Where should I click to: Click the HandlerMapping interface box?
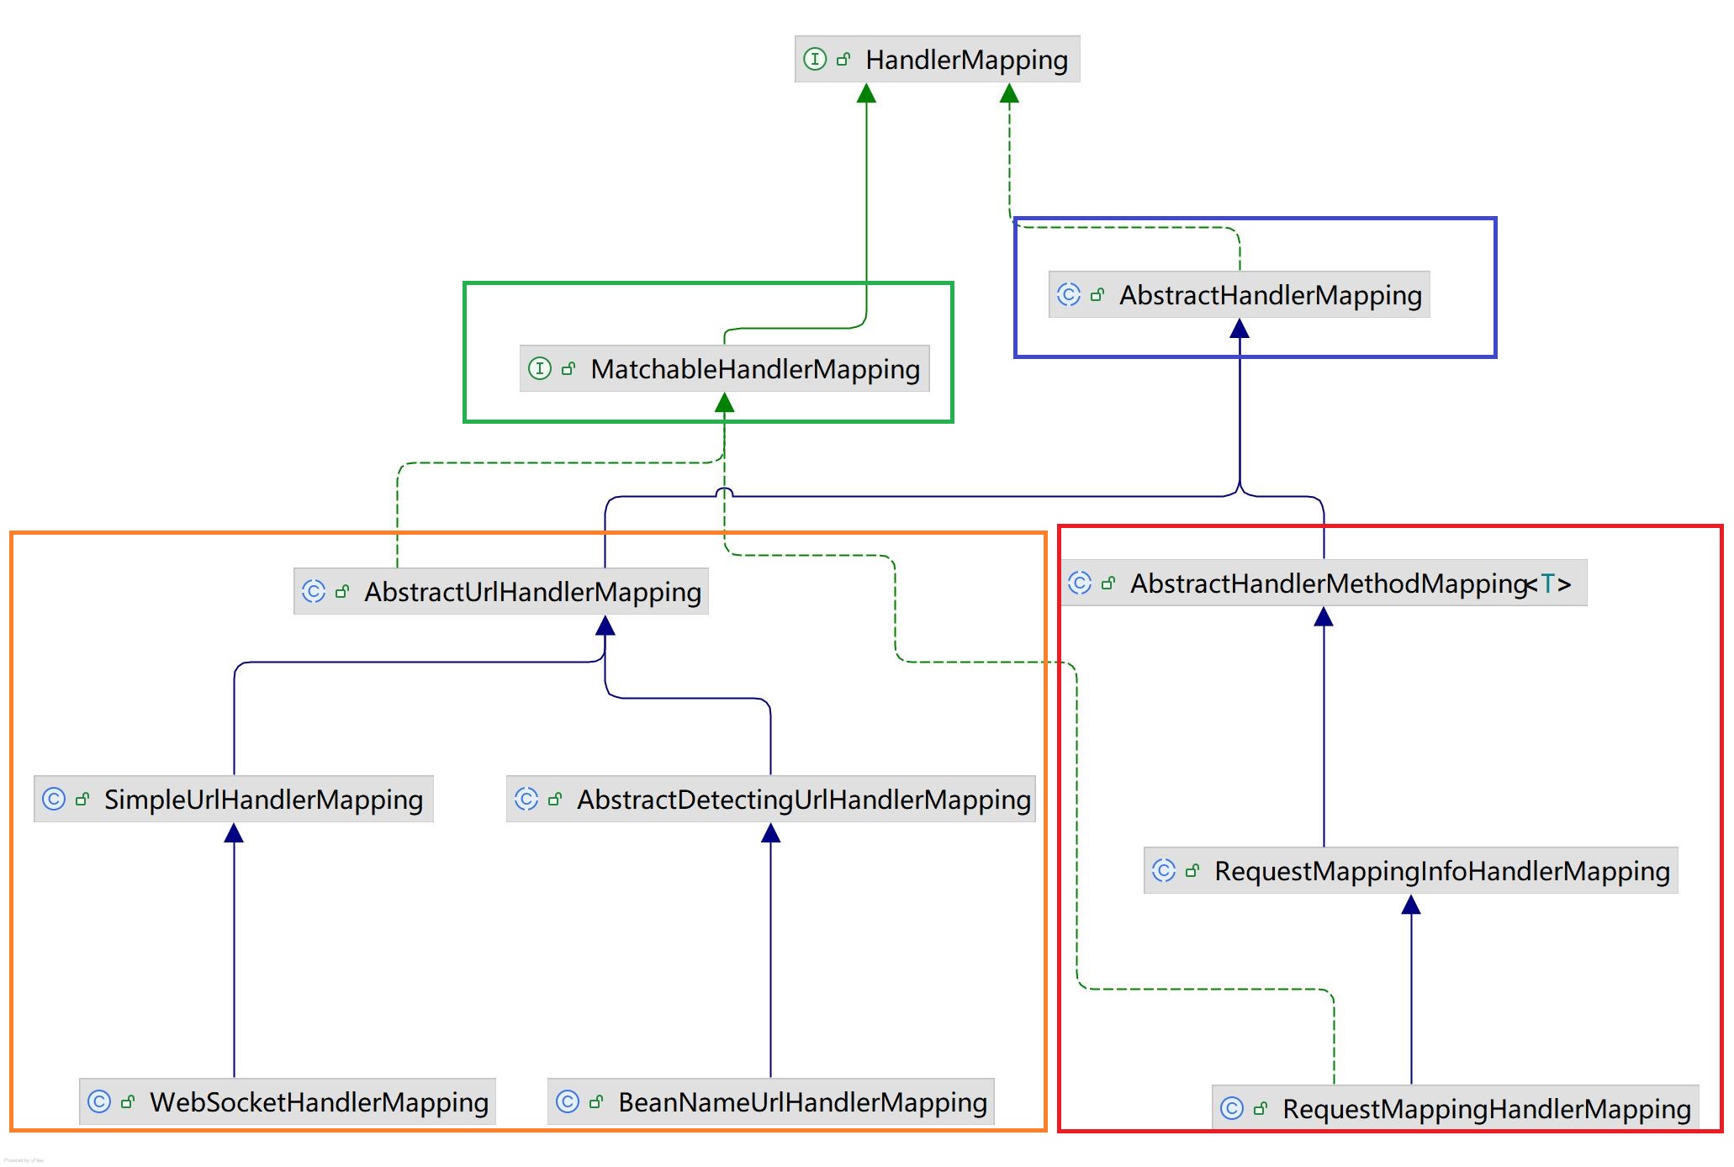(937, 59)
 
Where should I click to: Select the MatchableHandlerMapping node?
(724, 368)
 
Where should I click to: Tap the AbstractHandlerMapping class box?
(1239, 294)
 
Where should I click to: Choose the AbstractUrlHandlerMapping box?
(500, 591)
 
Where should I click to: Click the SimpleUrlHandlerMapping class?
(234, 799)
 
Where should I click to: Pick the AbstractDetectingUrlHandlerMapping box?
(770, 799)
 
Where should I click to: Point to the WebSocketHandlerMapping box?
(288, 1101)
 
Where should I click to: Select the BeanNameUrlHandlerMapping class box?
(770, 1101)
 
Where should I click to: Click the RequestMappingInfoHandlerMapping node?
(1410, 870)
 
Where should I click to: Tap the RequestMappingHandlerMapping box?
(1455, 1108)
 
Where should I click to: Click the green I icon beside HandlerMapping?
(814, 59)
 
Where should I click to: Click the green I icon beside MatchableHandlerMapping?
(539, 368)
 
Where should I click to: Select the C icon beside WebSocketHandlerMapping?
(99, 1101)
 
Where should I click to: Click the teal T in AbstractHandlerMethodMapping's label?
(1547, 583)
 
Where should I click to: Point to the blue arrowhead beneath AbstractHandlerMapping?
(1239, 329)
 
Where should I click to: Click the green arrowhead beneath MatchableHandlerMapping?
(724, 404)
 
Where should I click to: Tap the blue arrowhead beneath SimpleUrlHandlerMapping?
(234, 833)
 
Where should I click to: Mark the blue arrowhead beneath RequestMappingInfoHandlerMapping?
(1411, 905)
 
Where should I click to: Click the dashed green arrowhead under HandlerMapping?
(1009, 93)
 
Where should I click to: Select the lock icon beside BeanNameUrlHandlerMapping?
(596, 1101)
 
